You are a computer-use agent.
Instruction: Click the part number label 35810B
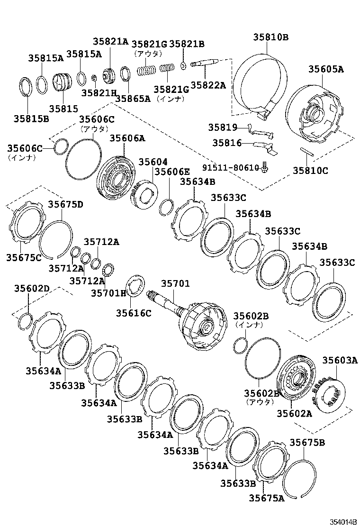(x=270, y=37)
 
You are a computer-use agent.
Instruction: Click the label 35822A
(x=208, y=85)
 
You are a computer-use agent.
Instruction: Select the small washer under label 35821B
(x=183, y=65)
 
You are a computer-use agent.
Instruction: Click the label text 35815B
(x=31, y=118)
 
